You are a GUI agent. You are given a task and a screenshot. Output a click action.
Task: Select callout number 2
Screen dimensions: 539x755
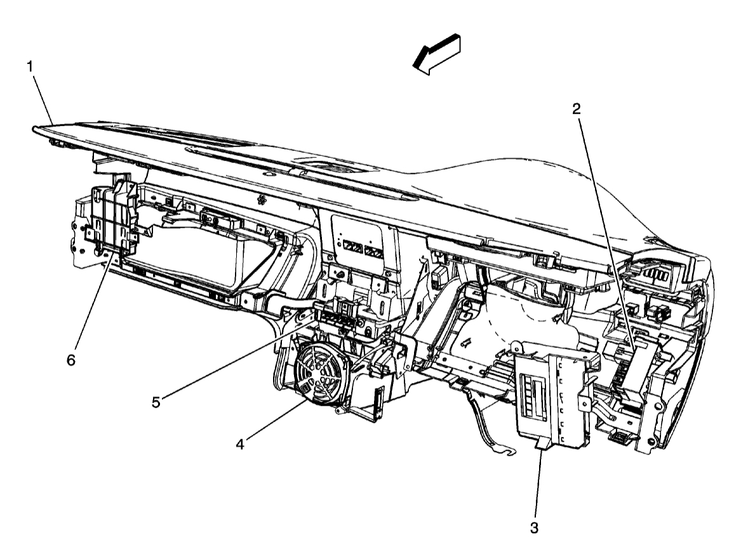coord(576,109)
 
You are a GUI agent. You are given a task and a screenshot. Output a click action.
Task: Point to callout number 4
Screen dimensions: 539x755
coord(239,445)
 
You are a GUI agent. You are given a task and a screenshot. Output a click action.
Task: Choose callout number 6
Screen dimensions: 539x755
coord(71,360)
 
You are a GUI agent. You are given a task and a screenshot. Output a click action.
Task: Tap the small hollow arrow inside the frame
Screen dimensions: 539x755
coord(467,343)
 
